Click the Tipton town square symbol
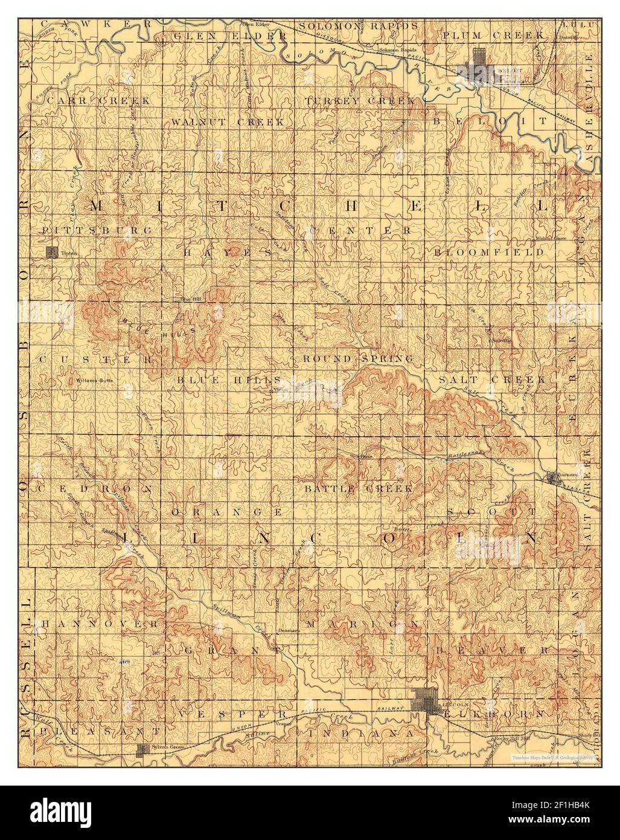tap(53, 253)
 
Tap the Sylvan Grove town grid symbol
tap(143, 750)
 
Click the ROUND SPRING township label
tap(358, 359)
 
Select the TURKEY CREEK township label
tap(360, 100)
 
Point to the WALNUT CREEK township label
tap(227, 122)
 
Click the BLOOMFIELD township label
tap(489, 253)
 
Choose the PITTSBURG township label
tap(97, 230)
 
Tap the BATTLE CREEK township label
tap(358, 488)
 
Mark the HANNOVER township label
tap(99, 623)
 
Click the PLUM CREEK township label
tap(492, 36)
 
